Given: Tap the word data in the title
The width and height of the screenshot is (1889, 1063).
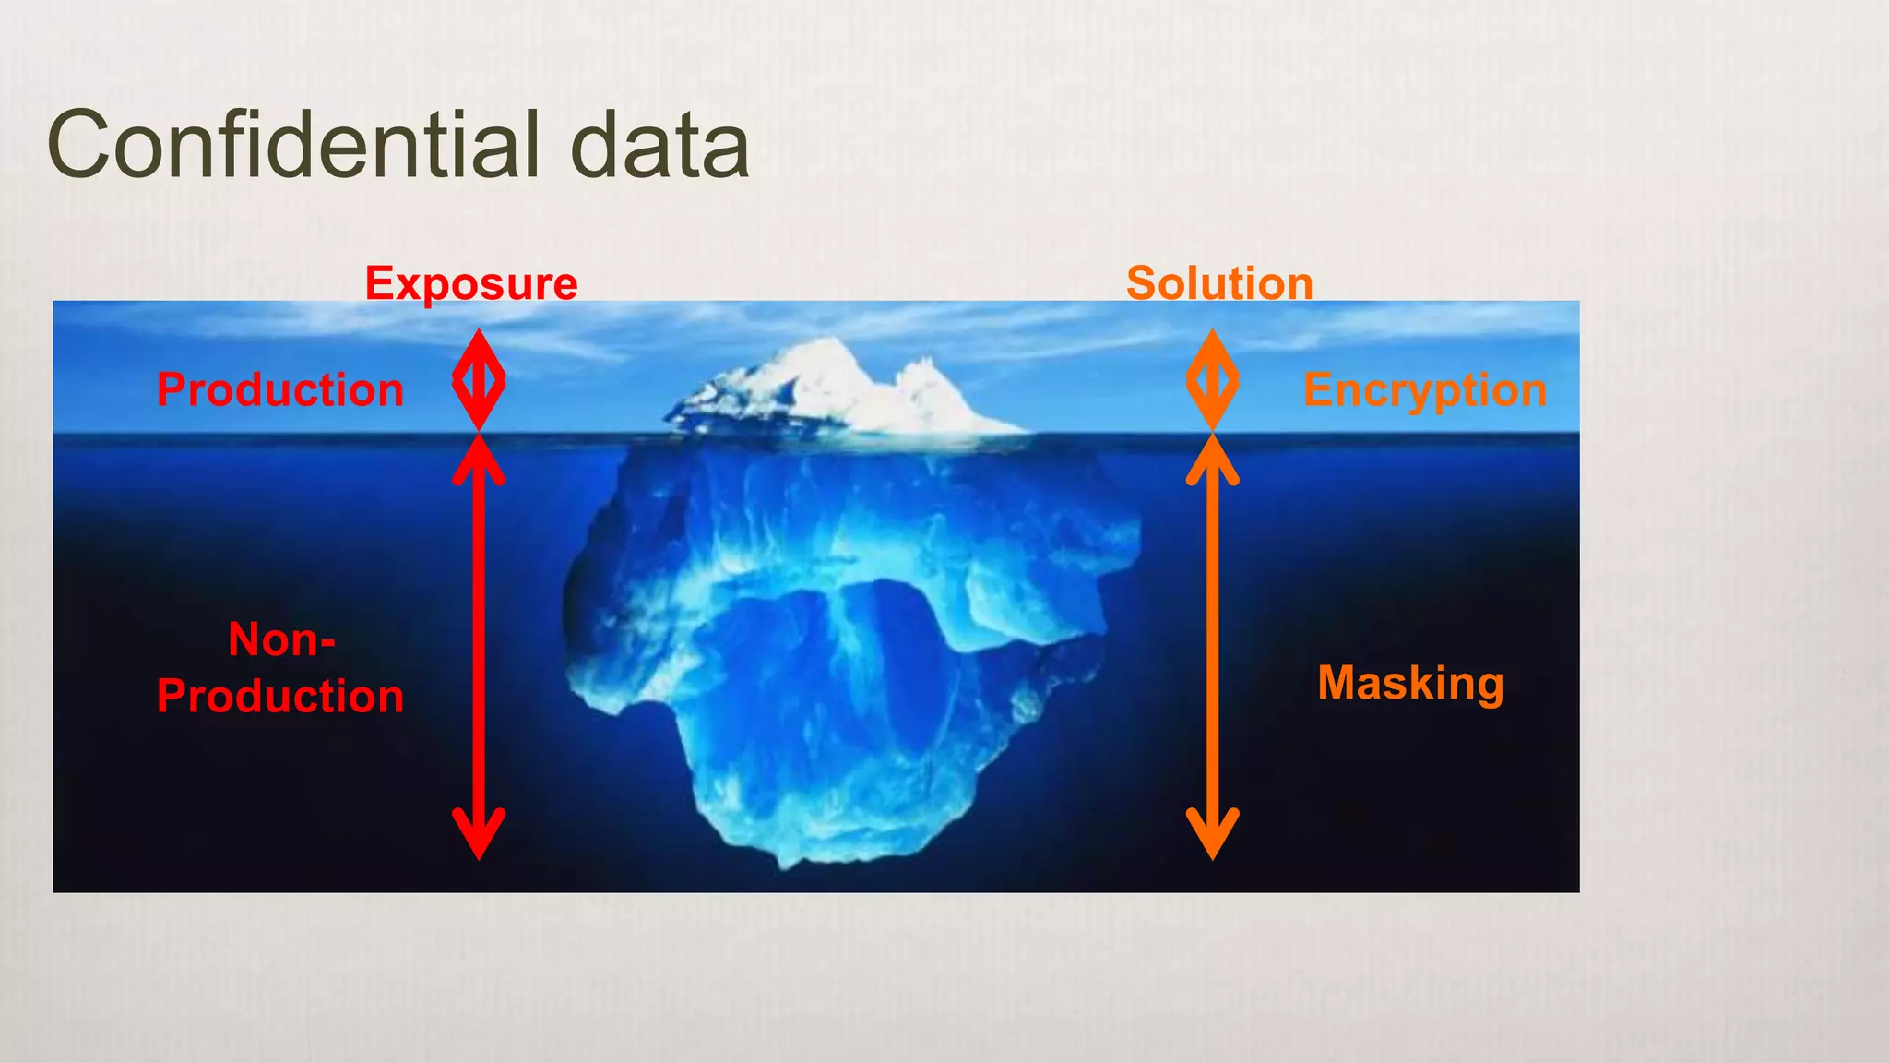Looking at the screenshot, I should coord(659,145).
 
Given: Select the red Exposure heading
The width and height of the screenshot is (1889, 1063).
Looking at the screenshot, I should coord(471,283).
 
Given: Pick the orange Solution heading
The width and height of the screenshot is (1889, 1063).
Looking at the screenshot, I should coord(1219,283).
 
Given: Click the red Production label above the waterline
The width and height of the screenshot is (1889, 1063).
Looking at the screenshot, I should coord(280,389).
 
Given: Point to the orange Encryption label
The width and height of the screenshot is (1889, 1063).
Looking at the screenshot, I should coord(1425,390).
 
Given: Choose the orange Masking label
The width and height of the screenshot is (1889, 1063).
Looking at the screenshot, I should coord(1410,684).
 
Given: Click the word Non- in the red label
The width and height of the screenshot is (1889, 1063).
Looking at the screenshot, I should coord(281,639).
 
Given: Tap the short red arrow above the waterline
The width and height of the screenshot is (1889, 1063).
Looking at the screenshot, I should coord(479,380).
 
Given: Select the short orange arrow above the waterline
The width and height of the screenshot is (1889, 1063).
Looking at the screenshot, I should coord(1212,380).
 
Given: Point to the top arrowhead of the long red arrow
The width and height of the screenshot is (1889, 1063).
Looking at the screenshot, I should coord(479,460).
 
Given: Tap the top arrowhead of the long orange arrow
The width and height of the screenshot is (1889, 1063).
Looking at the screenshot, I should coord(1212,460).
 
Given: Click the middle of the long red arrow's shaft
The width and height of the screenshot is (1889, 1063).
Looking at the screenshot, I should coord(479,646).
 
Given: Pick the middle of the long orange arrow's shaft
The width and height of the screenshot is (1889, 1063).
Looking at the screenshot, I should coord(1212,646).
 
